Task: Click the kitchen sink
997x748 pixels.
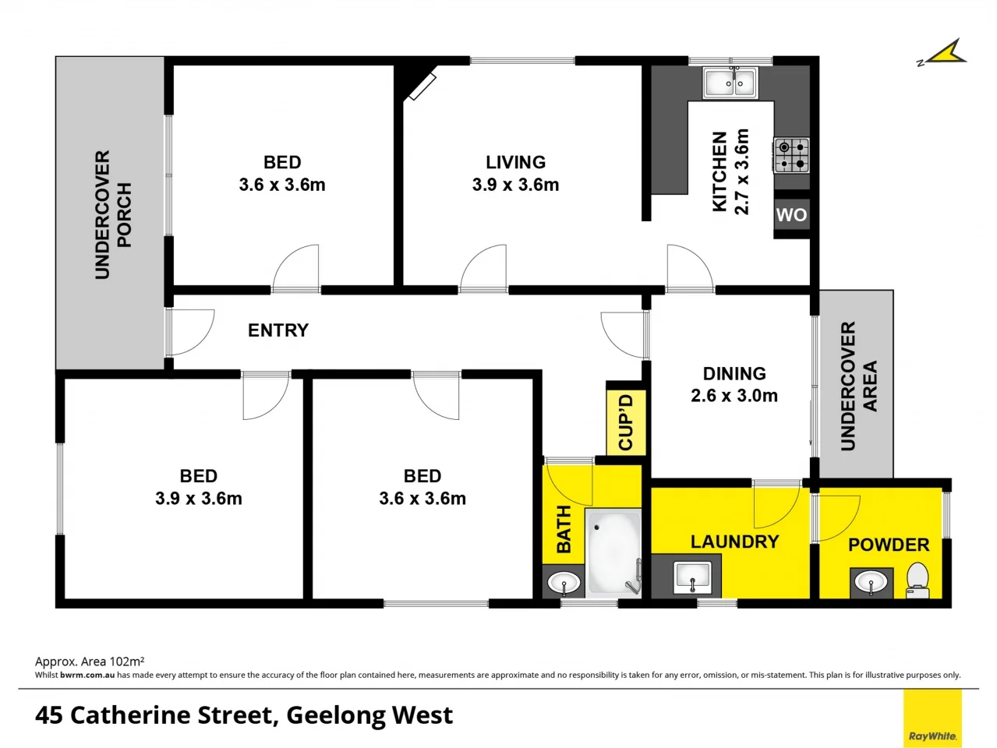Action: point(730,83)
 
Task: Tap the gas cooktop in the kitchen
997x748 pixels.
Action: point(791,154)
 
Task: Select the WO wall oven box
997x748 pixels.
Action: point(791,215)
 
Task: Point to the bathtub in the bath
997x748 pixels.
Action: point(613,552)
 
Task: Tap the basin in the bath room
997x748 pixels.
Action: point(564,582)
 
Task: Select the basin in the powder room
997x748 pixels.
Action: point(871,581)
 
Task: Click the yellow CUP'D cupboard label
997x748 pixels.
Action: point(625,422)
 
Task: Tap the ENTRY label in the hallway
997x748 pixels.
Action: point(278,330)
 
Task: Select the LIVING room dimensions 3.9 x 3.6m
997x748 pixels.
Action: point(515,185)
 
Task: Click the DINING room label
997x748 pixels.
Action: point(734,373)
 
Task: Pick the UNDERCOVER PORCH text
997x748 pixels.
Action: point(113,214)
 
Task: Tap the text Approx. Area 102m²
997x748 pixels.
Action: point(90,662)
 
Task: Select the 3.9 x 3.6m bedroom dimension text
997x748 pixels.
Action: point(198,499)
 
